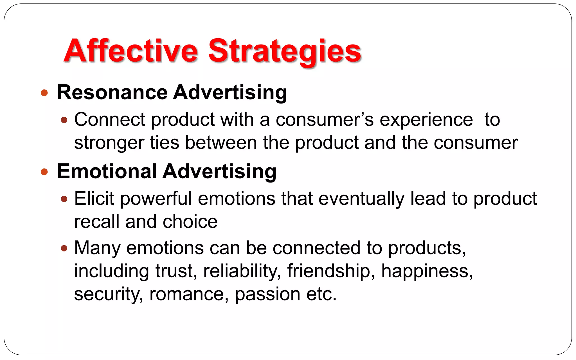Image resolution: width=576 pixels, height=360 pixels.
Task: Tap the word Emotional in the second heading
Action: pos(107,171)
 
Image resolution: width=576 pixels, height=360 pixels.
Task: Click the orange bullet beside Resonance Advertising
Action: pos(44,93)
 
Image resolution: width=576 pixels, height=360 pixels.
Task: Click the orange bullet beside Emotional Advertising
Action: pos(44,172)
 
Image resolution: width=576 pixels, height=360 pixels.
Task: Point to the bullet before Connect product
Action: pos(64,120)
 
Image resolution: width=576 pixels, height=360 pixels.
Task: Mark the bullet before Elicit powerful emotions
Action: pos(64,199)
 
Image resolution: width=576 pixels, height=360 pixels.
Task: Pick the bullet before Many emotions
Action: pos(64,248)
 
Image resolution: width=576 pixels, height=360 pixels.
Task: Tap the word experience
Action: pos(426,120)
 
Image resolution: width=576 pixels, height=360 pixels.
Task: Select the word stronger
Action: pos(109,143)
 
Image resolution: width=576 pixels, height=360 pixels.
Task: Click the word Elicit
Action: pos(94,199)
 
